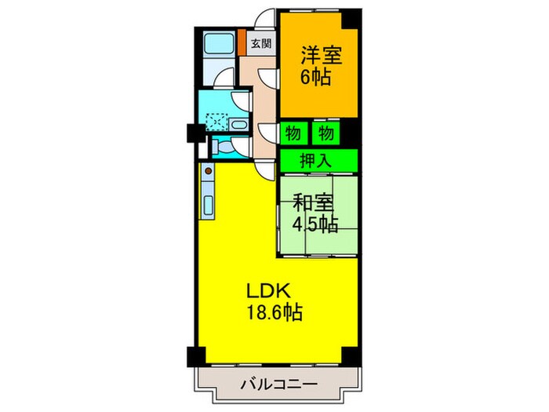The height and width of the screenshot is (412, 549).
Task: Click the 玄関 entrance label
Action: [262, 44]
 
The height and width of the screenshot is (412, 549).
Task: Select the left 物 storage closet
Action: [293, 133]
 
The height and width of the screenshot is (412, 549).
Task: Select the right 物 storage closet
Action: [325, 133]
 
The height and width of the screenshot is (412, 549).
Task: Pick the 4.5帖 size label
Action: [315, 225]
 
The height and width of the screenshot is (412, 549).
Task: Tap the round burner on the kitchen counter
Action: [209, 170]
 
